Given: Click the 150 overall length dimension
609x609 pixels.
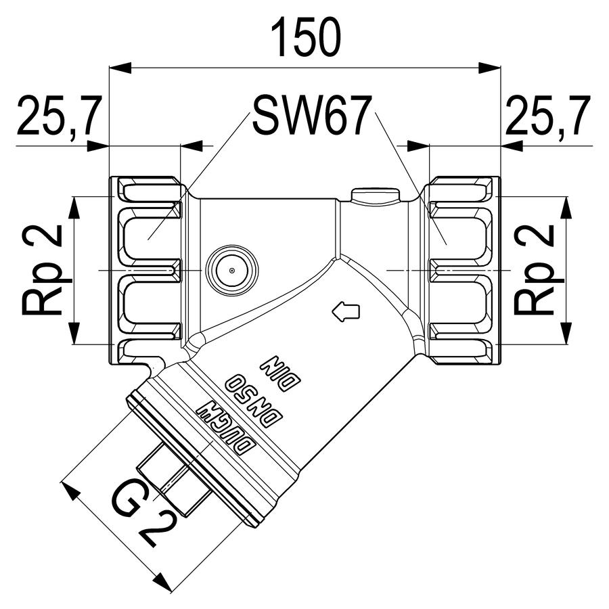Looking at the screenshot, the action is click(x=305, y=38).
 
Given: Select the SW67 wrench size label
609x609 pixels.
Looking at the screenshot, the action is click(x=309, y=115).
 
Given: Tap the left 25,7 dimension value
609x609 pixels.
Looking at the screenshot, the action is click(x=60, y=115).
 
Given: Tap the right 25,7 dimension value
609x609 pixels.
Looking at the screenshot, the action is click(x=548, y=115).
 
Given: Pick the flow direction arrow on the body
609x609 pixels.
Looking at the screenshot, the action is click(x=345, y=311).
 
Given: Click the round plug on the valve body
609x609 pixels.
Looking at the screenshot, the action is click(x=232, y=270).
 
